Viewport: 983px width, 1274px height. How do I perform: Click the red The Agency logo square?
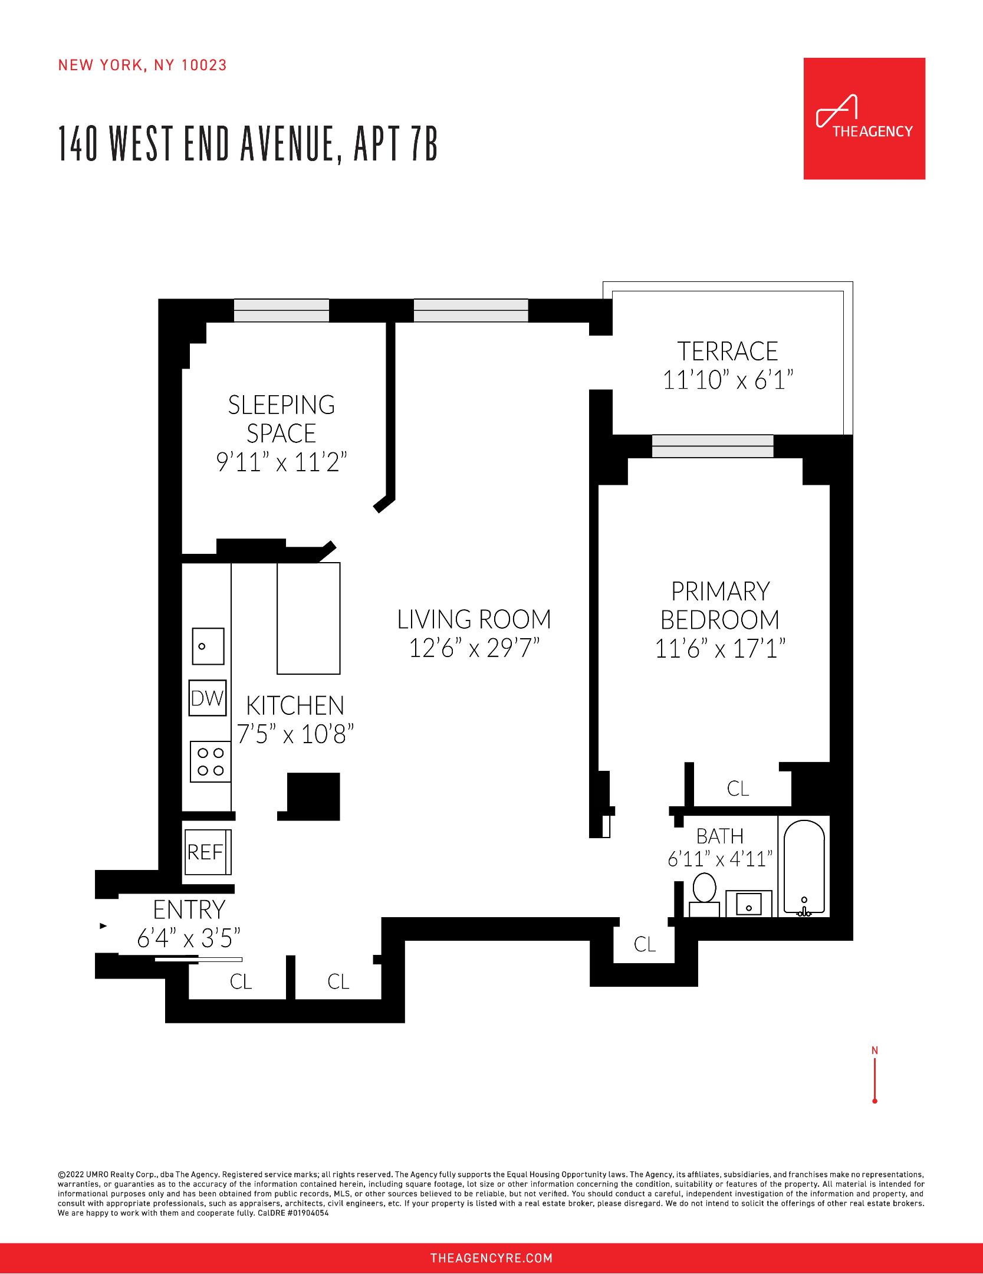864,119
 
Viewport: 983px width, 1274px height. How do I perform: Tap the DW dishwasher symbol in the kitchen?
208,698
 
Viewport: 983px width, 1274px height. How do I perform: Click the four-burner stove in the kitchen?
211,761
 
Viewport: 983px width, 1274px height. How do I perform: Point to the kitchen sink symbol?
208,646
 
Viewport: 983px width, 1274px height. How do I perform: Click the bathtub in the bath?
803,866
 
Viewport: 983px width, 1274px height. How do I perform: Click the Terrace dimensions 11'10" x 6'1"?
728,380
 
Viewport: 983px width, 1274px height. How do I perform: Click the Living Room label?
474,619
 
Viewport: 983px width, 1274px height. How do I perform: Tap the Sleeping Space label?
282,419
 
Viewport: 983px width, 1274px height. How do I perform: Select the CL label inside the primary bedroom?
738,789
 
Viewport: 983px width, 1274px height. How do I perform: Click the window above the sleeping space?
281,310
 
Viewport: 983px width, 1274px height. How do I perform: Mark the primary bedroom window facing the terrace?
712,446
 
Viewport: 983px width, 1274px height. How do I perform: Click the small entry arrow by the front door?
104,926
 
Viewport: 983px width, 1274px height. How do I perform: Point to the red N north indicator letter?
874,1050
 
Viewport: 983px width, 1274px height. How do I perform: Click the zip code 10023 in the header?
204,65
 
